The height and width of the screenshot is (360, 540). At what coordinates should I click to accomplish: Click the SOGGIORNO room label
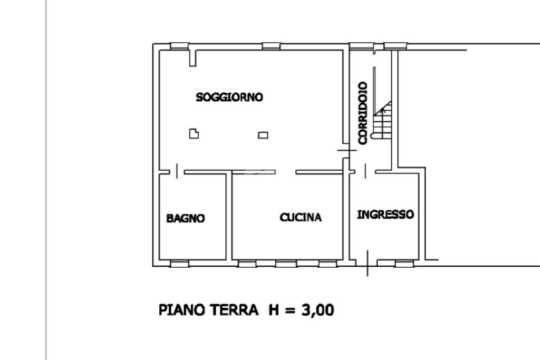(x=229, y=98)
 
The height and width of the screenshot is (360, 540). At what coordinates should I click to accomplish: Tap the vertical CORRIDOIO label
(x=362, y=113)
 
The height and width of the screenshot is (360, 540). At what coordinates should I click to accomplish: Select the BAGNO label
(x=186, y=218)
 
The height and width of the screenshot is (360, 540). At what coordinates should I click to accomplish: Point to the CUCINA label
(x=301, y=217)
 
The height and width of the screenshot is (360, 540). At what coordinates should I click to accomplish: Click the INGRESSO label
(x=385, y=215)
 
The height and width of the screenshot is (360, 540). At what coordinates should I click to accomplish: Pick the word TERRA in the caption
(x=235, y=310)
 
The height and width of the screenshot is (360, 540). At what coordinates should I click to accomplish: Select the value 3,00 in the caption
(x=317, y=310)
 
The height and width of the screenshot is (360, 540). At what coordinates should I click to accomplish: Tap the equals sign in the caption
(x=290, y=310)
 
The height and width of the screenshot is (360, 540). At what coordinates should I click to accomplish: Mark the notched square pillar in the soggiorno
(x=195, y=134)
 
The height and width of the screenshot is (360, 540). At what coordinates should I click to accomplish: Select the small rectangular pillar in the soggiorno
(x=263, y=135)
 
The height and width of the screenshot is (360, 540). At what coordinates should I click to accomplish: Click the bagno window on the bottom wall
(x=179, y=263)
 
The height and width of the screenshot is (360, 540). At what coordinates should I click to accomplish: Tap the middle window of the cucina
(x=286, y=263)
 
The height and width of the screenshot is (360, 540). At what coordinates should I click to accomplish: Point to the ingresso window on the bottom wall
(x=403, y=263)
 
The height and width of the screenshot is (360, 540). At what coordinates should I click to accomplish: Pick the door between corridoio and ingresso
(x=365, y=171)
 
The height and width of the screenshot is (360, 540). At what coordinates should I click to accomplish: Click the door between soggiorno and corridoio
(x=346, y=151)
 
